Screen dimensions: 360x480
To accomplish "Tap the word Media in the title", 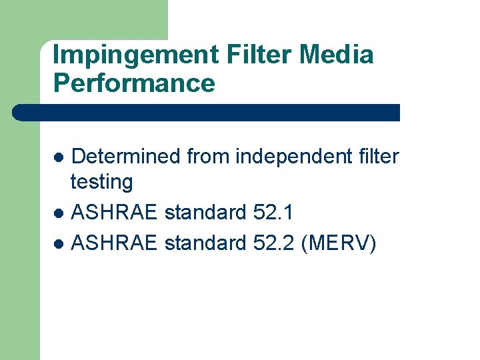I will point(337,55).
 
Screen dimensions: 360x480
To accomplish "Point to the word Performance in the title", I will point(133,83).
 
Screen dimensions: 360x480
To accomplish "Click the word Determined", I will point(125,157).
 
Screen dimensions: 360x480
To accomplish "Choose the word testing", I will point(101,181).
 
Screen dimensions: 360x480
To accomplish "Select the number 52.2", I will point(275,244).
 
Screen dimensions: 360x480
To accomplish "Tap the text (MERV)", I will point(339,244).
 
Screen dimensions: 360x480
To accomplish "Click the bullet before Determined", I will point(59,158).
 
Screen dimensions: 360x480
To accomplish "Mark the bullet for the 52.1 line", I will point(59,214).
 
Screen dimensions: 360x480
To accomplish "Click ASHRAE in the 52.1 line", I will point(114,213).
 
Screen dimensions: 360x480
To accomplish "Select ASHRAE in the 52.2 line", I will point(114,244).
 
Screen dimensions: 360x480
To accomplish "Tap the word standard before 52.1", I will point(205,213).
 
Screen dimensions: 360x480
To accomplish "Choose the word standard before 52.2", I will point(205,244).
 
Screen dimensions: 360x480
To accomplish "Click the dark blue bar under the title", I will point(207,112).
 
